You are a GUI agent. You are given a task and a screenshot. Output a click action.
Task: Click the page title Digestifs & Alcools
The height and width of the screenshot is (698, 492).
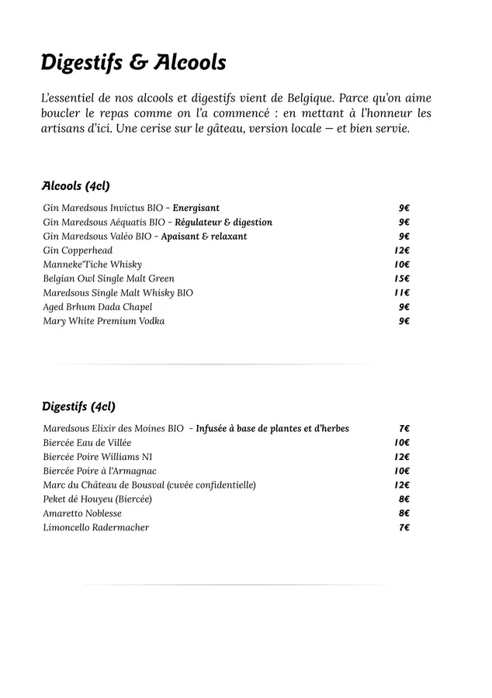coord(133,62)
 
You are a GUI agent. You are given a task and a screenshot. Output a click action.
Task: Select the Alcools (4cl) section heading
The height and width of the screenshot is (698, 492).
coord(75,186)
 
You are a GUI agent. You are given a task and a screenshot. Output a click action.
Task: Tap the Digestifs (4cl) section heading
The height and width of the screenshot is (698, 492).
coord(78,406)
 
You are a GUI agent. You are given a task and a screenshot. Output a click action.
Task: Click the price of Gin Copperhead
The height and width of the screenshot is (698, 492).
coord(401,251)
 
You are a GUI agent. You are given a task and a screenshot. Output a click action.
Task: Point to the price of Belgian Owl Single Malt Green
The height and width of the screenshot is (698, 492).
coord(401,278)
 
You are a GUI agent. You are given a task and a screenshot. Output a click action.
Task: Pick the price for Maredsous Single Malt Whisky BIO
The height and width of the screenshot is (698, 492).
coord(401,293)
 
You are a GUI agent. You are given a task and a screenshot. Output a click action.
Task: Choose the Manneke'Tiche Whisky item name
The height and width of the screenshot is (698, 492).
coord(92,264)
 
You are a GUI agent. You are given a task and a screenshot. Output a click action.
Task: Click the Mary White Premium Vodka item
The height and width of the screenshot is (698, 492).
coord(103,321)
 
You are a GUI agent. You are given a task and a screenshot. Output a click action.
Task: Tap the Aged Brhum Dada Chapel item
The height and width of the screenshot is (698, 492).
coord(97,307)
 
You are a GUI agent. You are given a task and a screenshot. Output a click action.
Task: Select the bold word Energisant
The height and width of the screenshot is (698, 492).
coord(196,208)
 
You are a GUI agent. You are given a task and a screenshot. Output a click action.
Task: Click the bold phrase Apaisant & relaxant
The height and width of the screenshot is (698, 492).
coord(203,237)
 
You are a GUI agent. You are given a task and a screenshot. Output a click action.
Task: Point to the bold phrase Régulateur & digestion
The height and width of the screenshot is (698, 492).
coord(223,223)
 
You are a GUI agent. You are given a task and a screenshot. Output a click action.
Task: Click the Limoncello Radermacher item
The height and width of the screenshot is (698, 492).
coord(95,528)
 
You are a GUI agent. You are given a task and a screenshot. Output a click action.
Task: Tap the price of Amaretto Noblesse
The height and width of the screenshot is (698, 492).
coord(404,513)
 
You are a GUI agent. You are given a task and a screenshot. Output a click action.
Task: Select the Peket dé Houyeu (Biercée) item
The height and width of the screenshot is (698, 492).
coord(97,499)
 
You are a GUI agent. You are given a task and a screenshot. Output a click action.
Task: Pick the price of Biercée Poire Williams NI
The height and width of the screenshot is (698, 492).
coord(401,457)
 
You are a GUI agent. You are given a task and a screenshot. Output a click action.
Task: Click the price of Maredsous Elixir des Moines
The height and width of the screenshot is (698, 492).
coord(404,428)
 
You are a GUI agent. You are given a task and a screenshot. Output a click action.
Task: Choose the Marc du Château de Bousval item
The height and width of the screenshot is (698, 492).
coord(149,485)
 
